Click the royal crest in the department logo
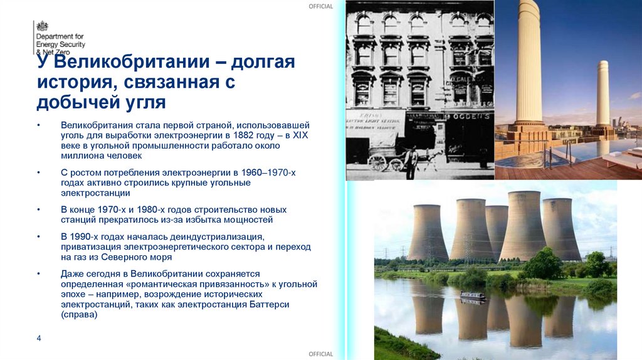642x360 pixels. tap(42, 26)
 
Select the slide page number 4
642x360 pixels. tap(39, 339)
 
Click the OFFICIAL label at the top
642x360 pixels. tap(320, 6)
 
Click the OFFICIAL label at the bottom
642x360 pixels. tap(320, 354)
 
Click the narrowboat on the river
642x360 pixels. tap(472, 295)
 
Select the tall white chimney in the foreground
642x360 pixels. tap(529, 63)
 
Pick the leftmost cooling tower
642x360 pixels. tap(428, 232)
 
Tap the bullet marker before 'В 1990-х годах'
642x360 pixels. tap(39, 237)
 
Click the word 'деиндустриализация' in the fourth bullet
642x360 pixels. tap(223, 237)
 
